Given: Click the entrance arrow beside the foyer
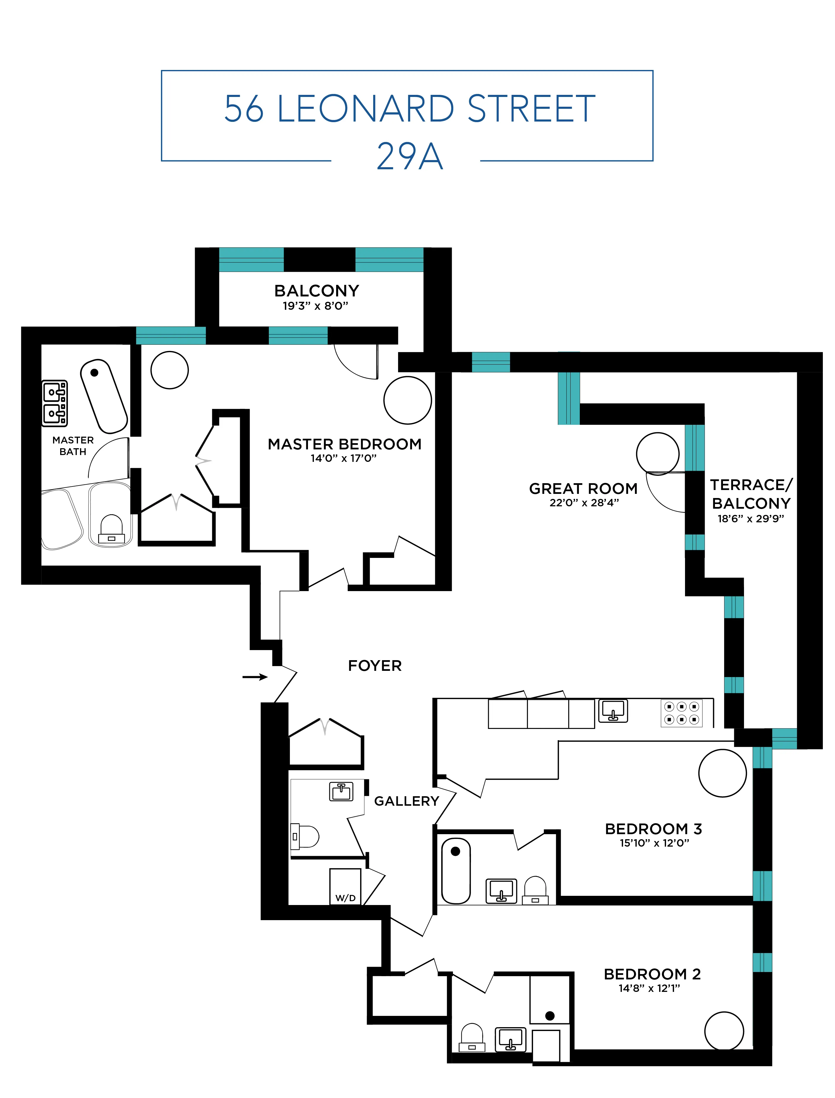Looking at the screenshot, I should [x=255, y=677].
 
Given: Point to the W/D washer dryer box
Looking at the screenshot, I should [x=345, y=887].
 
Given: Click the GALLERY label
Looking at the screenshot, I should [x=407, y=801].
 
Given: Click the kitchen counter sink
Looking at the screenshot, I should [x=613, y=711].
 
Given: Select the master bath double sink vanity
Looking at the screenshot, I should [x=55, y=403].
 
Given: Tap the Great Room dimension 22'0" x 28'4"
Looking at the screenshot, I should [x=584, y=502].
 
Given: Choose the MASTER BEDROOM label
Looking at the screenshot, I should [x=344, y=444].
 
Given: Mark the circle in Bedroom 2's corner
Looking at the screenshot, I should [x=724, y=1031].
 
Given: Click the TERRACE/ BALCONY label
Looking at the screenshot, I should [x=751, y=494].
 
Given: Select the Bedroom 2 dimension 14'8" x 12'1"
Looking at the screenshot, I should [x=649, y=988].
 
